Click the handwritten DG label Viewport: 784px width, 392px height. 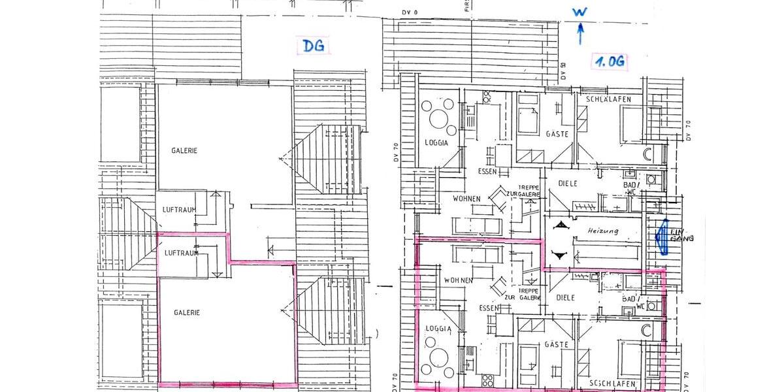tap(314, 46)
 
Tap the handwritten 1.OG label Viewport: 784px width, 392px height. tap(610, 62)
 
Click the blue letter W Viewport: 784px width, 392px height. tap(579, 12)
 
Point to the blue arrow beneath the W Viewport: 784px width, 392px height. tap(580, 33)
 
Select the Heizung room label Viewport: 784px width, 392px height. tap(602, 231)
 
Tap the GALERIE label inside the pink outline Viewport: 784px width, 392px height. tap(187, 312)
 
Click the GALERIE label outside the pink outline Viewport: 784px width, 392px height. tap(185, 150)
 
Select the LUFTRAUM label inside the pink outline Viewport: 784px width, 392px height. tap(181, 253)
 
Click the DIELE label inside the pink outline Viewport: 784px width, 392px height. tap(566, 297)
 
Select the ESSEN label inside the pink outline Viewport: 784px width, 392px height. tap(489, 307)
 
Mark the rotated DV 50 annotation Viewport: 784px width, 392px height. tap(563, 71)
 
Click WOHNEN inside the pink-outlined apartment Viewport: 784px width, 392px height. tap(458, 280)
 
